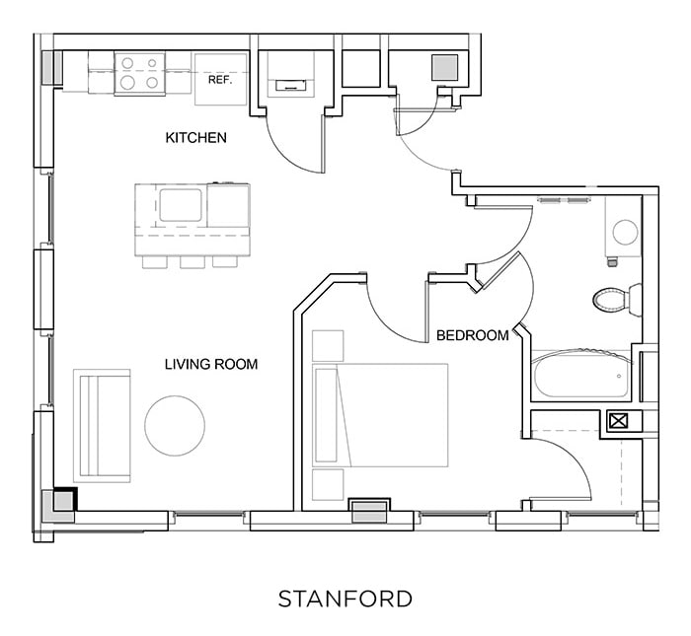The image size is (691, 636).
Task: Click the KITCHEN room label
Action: [195, 138]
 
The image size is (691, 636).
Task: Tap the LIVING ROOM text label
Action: [210, 364]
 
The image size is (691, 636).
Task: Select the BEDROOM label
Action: [472, 335]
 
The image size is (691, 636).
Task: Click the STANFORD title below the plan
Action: [345, 599]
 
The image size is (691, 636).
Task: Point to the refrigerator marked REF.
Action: [218, 79]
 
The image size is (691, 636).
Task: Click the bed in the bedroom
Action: [380, 414]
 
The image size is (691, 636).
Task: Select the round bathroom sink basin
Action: [625, 232]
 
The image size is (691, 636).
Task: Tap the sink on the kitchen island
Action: [181, 204]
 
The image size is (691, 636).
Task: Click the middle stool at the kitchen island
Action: [192, 261]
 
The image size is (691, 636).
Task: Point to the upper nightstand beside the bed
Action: [328, 345]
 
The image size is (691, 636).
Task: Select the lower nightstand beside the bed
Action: [328, 485]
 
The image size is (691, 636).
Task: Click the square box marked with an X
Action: [619, 421]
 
